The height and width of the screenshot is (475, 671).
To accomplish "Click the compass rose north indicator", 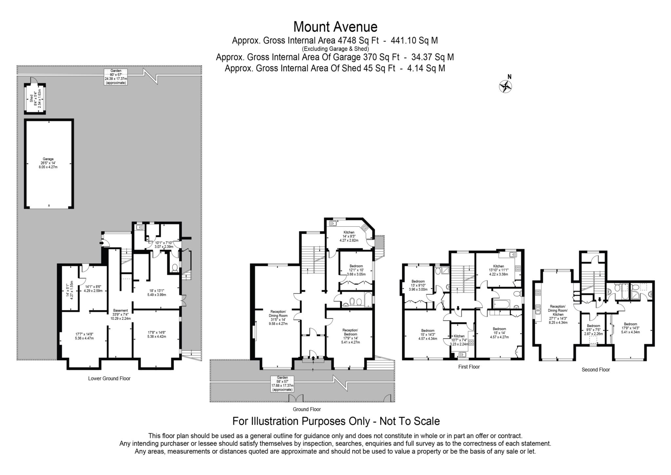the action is pos(506,86).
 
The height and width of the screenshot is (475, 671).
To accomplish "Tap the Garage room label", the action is pos(48,163).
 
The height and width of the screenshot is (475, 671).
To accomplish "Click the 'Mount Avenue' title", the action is pos(335,27).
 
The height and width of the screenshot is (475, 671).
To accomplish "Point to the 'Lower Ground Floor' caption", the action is pos(109,378).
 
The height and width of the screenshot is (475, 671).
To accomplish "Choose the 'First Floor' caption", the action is pos(469,367).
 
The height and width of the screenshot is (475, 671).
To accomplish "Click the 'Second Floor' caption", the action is pos(596,370).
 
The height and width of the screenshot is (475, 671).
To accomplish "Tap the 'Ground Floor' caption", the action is pos(307,409).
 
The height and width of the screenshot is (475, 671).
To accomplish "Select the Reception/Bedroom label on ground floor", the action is pos(350,336).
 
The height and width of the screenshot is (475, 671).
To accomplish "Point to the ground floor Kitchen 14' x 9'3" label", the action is pos(349,236).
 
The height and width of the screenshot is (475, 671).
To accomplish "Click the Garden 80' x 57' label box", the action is pos(116,77).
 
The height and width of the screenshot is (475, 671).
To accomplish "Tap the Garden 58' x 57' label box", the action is pos(282,383).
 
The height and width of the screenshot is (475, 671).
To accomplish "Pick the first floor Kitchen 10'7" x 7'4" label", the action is pos(459,340).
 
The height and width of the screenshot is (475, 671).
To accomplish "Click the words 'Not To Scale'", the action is pos(410,421).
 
